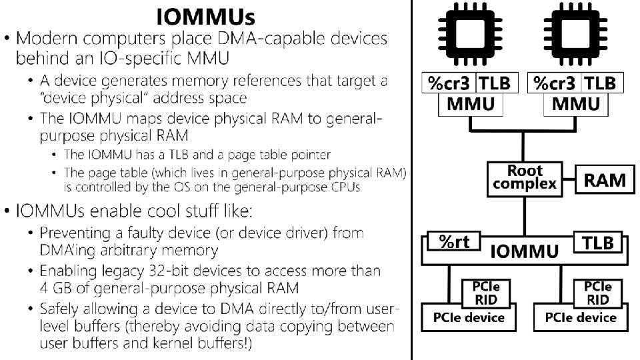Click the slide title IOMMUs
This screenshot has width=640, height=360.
[x=205, y=15]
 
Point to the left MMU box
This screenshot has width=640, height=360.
[x=471, y=105]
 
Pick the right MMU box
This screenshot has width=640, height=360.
[x=576, y=105]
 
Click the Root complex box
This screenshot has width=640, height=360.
[x=524, y=178]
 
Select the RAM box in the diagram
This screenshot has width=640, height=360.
[x=605, y=179]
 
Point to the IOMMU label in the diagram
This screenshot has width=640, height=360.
[x=524, y=251]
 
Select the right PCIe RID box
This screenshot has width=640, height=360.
[x=598, y=292]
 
